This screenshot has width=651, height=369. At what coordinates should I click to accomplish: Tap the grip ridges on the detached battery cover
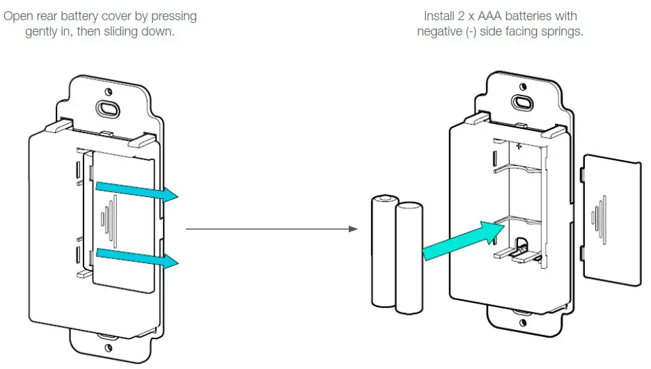(x=597, y=217)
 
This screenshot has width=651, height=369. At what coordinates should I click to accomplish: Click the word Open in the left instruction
(x=19, y=15)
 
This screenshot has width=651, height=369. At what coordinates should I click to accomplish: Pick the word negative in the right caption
(x=441, y=32)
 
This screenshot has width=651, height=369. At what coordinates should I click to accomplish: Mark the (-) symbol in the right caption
(x=478, y=32)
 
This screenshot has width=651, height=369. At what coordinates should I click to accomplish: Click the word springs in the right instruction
(x=563, y=32)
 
